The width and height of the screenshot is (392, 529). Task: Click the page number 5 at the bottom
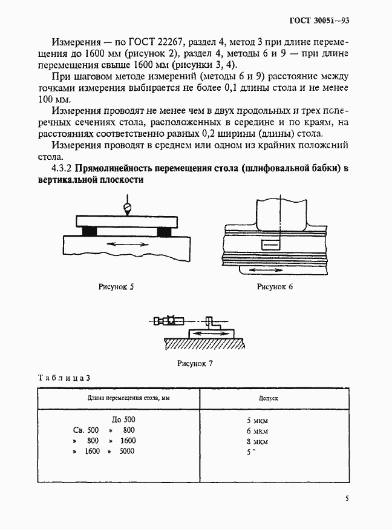pos(347,499)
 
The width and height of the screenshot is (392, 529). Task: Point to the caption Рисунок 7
pos(195,364)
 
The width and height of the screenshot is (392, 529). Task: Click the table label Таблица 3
pos(64,378)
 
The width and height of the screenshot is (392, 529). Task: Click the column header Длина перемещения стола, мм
pos(118,399)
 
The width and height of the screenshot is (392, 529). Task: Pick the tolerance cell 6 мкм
pos(257,430)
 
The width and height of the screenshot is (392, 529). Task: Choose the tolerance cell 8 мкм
pos(257,441)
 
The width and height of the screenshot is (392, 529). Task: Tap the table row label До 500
pos(125,419)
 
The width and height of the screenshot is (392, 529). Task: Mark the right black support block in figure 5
pos(163,231)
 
